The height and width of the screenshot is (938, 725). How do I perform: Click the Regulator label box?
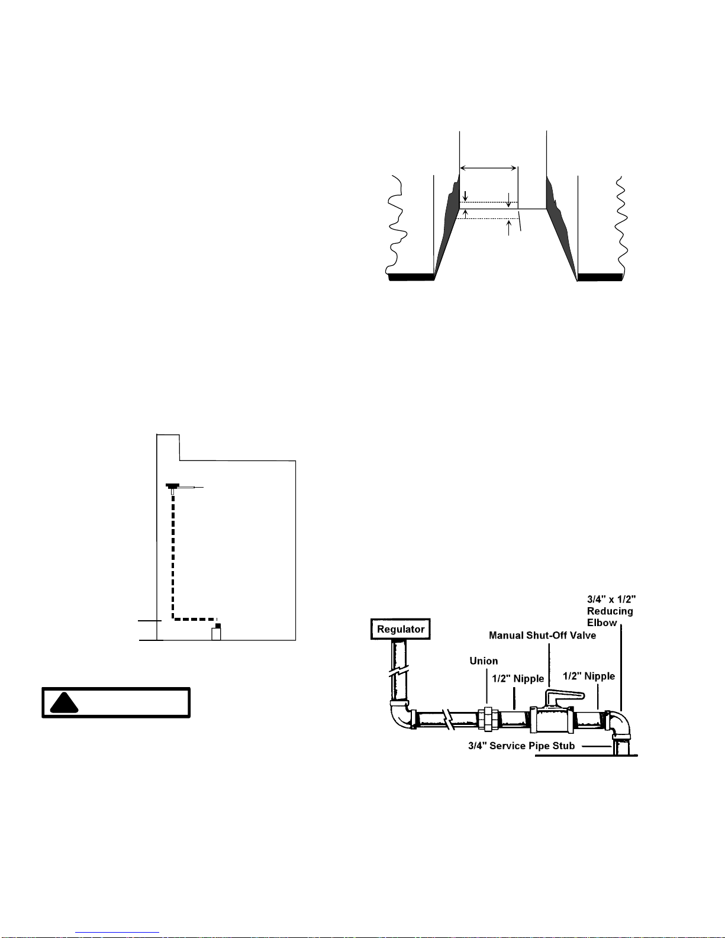(401, 629)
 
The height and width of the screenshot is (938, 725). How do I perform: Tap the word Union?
(484, 661)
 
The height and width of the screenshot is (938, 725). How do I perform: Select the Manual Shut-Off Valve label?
(543, 636)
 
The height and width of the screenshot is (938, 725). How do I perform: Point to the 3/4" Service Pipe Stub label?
(521, 746)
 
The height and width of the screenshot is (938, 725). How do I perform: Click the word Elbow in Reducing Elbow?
(602, 623)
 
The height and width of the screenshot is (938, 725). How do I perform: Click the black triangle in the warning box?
(64, 702)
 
